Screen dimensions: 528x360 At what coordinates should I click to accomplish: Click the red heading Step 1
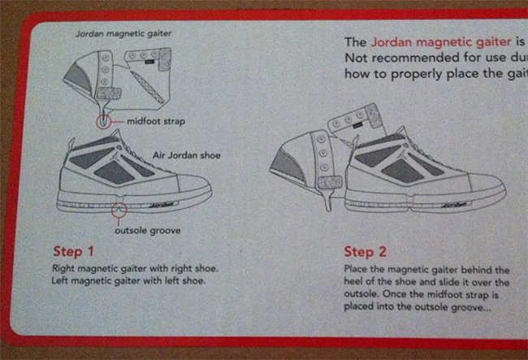(73, 251)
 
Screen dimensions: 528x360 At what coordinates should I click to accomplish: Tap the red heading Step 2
(365, 252)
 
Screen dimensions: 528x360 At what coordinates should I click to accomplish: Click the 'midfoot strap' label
(156, 121)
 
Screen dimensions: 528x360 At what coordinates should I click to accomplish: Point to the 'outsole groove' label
(148, 231)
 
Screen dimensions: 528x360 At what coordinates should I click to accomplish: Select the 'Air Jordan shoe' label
(187, 155)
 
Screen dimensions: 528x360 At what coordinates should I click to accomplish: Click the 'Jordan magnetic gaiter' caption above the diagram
(123, 33)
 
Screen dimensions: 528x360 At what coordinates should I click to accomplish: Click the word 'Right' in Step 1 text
(63, 269)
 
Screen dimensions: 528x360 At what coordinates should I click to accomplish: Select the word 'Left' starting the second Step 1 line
(60, 280)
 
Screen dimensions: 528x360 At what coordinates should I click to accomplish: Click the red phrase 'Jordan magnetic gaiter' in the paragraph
(441, 42)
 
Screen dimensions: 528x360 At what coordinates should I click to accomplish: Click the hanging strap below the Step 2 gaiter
(327, 198)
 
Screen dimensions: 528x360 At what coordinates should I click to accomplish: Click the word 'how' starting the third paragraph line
(357, 74)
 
